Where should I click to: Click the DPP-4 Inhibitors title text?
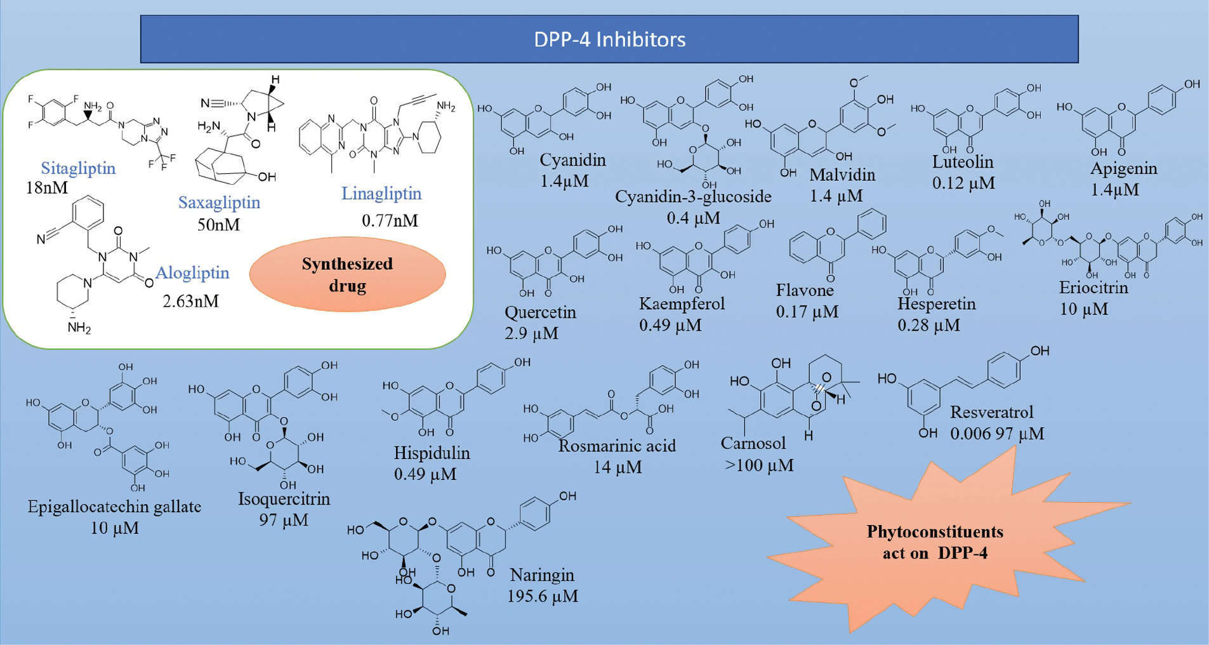pyautogui.click(x=609, y=39)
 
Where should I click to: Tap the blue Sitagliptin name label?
pyautogui.click(x=78, y=168)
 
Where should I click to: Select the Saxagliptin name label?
pyautogui.click(x=219, y=203)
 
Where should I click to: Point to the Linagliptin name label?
pyautogui.click(x=381, y=194)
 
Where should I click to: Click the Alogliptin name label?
pyautogui.click(x=192, y=273)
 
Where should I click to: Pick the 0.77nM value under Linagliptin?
pyautogui.click(x=390, y=221)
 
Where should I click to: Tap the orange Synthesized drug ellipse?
pyautogui.click(x=347, y=274)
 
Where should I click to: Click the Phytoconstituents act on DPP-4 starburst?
pyautogui.click(x=935, y=542)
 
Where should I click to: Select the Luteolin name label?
pyautogui.click(x=963, y=162)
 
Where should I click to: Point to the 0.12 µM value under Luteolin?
pyautogui.click(x=963, y=183)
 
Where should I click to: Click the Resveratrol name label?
pyautogui.click(x=991, y=412)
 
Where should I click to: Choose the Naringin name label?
pyautogui.click(x=542, y=575)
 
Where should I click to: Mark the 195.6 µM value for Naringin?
pyautogui.click(x=542, y=596)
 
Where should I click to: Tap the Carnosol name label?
pyautogui.click(x=753, y=443)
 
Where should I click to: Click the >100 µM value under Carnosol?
pyautogui.click(x=759, y=465)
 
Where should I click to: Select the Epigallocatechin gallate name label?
pyautogui.click(x=114, y=507)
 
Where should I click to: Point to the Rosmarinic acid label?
pyautogui.click(x=617, y=446)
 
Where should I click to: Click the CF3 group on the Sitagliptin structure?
pyautogui.click(x=161, y=161)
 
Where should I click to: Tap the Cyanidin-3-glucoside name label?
pyautogui.click(x=693, y=197)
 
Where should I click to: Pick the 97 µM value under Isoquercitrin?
pyautogui.click(x=284, y=520)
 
